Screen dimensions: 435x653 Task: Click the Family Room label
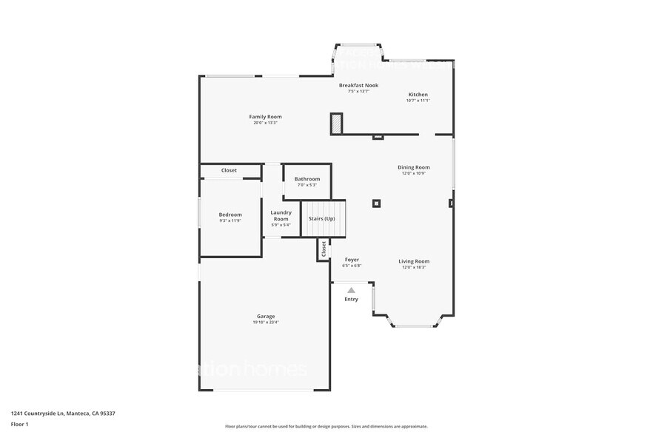click(x=265, y=117)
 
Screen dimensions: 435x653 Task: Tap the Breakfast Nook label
click(x=358, y=85)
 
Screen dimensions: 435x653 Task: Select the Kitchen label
click(x=418, y=95)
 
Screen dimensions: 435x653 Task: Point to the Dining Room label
click(x=414, y=167)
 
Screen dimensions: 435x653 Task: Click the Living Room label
click(x=414, y=261)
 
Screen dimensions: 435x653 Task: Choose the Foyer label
click(x=352, y=260)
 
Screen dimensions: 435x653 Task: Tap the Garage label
click(x=265, y=317)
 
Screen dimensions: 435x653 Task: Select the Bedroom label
click(x=230, y=215)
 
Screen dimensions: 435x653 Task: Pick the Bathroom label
click(x=307, y=179)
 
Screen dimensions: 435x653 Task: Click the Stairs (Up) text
click(x=322, y=219)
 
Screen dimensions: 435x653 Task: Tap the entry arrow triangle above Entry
click(x=351, y=290)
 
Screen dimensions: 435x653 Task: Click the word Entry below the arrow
click(x=351, y=300)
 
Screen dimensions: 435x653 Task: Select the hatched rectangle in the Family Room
click(x=337, y=124)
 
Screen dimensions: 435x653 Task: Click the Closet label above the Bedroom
click(x=230, y=170)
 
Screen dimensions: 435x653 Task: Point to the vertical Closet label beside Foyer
click(x=324, y=249)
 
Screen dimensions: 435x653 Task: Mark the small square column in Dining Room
click(x=377, y=203)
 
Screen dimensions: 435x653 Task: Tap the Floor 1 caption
click(x=19, y=424)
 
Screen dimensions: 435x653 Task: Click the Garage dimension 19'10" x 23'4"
click(x=265, y=323)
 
